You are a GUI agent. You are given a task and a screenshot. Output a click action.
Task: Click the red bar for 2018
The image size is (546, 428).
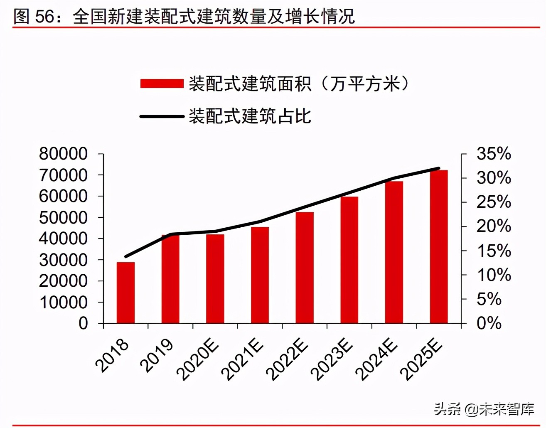[125, 293]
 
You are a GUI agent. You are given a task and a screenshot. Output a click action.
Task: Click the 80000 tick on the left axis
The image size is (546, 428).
[63, 154]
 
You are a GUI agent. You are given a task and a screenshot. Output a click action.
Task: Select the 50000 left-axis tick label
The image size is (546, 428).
[63, 217]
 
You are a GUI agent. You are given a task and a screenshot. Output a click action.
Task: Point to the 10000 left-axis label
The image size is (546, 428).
[63, 302]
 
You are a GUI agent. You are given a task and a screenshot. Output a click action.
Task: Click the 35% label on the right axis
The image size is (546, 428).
[494, 154]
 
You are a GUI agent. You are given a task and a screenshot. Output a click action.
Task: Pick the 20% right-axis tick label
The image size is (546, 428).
[494, 226]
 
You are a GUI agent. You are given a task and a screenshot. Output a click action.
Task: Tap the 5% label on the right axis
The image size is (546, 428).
[489, 299]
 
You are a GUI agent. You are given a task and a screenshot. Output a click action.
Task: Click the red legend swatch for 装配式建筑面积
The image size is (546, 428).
[162, 84]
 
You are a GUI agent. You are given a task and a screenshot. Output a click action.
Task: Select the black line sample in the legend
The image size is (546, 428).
[162, 116]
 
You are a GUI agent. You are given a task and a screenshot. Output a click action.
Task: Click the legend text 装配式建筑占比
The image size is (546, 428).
[250, 116]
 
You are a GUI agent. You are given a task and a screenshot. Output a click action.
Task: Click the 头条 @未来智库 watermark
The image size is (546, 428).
[484, 409]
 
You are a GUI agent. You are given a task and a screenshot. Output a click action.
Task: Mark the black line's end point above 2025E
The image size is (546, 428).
[439, 168]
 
